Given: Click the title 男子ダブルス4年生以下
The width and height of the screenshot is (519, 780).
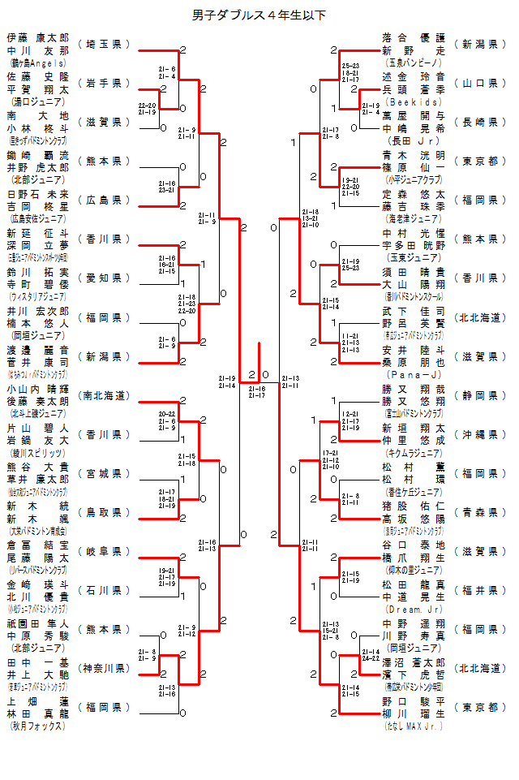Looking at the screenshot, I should click(259, 15).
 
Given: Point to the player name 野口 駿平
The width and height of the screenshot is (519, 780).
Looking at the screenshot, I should click(414, 700).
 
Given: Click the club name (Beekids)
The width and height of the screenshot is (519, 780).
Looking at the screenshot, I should click(414, 103).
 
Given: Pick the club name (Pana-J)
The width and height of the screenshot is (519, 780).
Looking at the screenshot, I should click(414, 376).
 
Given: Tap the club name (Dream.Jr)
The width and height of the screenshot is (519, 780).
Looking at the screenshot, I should click(414, 610).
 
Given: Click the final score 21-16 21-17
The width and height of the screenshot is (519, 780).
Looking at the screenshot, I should click(256, 392).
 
